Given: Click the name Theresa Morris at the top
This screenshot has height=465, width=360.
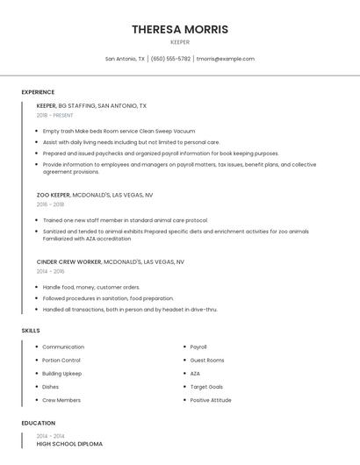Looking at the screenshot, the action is coord(180,29).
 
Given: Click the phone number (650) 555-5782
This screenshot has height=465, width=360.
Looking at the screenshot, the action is coord(170,59).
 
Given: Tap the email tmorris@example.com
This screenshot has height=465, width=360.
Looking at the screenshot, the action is coord(226,59).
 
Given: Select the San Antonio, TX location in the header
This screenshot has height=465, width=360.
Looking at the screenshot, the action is coord(125,59).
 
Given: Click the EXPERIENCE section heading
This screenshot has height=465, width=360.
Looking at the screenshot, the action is coord(38,92).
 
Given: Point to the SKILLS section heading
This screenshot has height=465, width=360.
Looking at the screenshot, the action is coord(31,330).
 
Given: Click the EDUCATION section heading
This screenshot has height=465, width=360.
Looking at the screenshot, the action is coord(38,423).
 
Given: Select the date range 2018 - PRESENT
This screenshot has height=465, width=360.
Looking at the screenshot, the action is coord(54,115).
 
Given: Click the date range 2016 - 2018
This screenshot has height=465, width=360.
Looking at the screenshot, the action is coord(50,204).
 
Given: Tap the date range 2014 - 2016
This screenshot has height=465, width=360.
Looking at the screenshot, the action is coord(50,272).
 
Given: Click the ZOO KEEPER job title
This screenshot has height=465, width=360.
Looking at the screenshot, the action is coord(54,195).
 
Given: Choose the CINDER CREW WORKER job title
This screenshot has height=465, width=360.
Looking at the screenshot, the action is coord(69,262).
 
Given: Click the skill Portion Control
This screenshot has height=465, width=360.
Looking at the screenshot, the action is coord(61,361).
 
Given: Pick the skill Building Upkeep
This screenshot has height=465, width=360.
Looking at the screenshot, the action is coord(61,374).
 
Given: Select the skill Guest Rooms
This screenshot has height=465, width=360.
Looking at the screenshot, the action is coord(207,361).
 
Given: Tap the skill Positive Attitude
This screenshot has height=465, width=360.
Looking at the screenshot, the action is coord(211,400).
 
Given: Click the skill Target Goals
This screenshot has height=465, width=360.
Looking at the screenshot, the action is coord(206,387).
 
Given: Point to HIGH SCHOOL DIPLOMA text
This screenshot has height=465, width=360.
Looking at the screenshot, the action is coord(69,444).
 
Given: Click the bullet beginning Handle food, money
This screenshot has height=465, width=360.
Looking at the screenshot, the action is coord(91,287).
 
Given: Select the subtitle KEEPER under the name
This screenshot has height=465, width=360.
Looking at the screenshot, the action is coord(180,41).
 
